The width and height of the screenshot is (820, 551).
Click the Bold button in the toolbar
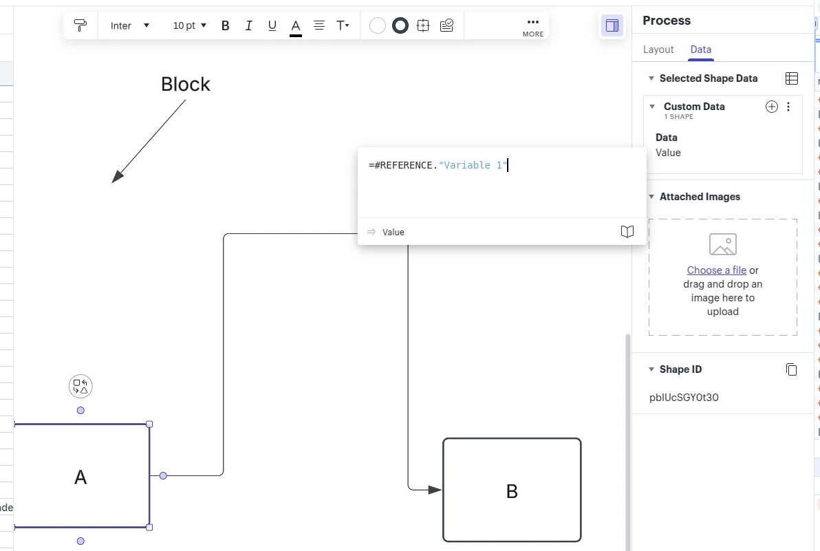click(x=225, y=26)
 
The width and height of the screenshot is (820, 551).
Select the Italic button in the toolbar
click(x=248, y=26)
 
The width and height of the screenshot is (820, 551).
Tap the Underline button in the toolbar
click(x=272, y=26)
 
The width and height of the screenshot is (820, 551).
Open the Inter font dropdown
click(x=130, y=26)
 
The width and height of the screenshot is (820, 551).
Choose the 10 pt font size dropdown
click(x=190, y=26)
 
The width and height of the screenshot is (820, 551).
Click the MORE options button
click(x=532, y=26)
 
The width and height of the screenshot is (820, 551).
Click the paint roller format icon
click(x=80, y=26)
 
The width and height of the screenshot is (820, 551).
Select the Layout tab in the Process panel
click(x=658, y=50)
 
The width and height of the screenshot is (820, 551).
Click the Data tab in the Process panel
click(x=700, y=50)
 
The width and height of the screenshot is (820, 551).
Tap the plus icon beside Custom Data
click(x=772, y=107)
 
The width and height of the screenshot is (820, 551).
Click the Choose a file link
click(x=716, y=270)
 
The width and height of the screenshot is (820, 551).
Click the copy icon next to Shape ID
click(x=791, y=369)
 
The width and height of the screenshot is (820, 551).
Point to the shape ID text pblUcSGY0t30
click(x=684, y=398)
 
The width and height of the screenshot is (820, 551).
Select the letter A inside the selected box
click(x=80, y=477)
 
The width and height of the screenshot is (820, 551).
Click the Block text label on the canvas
click(x=185, y=85)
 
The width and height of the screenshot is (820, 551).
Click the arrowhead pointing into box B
click(x=435, y=490)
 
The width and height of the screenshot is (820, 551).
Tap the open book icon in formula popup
click(x=627, y=232)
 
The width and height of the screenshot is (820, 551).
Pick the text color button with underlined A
click(x=296, y=26)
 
